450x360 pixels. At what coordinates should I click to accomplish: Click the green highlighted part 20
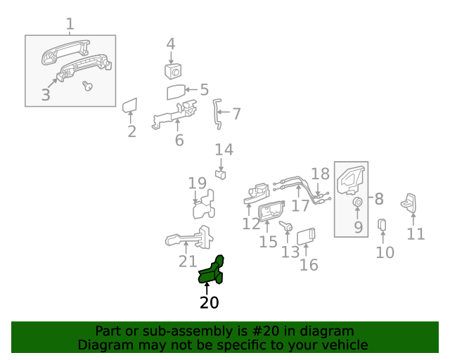point(212,271)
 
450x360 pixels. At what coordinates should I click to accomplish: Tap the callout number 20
point(209,303)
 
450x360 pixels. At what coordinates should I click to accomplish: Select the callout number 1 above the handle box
point(70,25)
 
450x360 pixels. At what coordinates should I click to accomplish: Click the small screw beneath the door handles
point(88,86)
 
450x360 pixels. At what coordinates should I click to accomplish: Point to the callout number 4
point(171,44)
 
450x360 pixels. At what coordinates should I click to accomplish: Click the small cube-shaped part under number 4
point(173,70)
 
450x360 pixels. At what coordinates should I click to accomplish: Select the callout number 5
point(204,90)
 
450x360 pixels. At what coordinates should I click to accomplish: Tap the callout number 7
point(236,113)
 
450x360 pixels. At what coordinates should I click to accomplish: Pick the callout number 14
point(224,150)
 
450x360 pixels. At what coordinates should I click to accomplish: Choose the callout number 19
point(197,184)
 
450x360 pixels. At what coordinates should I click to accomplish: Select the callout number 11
point(416,233)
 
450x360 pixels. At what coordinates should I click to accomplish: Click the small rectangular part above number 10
point(383,224)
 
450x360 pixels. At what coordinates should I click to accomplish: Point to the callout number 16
point(309,265)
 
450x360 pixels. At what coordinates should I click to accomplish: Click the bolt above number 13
point(287,226)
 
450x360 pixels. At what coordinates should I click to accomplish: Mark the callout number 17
point(300,206)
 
